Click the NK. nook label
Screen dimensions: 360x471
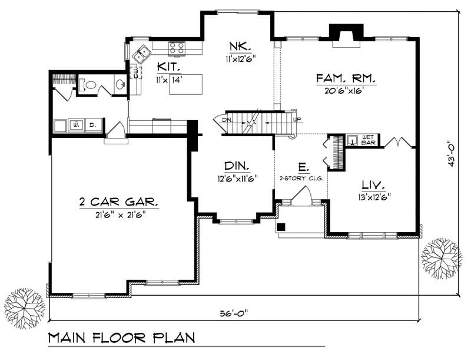coord(240,46)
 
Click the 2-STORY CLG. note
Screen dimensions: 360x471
coord(301,177)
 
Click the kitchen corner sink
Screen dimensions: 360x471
coord(141,55)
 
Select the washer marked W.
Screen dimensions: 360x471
coord(76,125)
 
